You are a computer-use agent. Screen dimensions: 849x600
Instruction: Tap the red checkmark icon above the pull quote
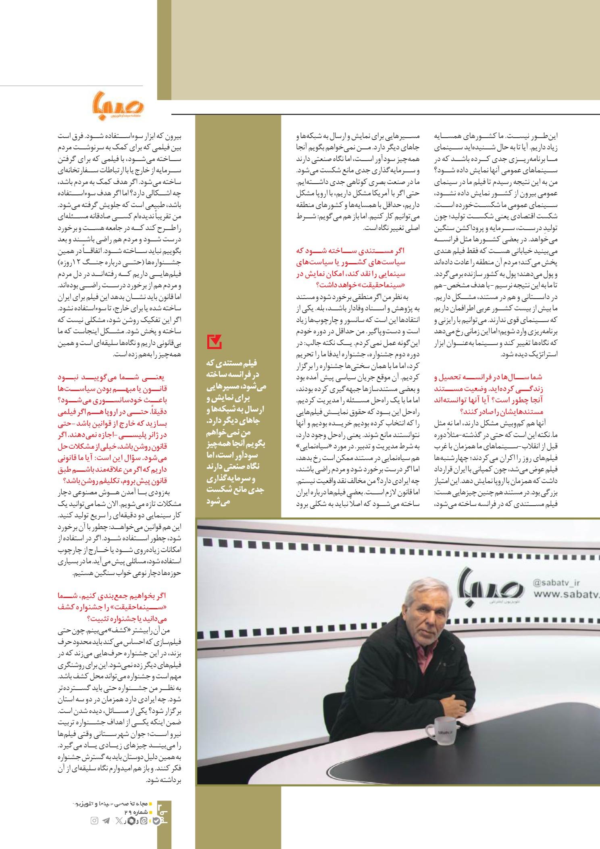[214, 342]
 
